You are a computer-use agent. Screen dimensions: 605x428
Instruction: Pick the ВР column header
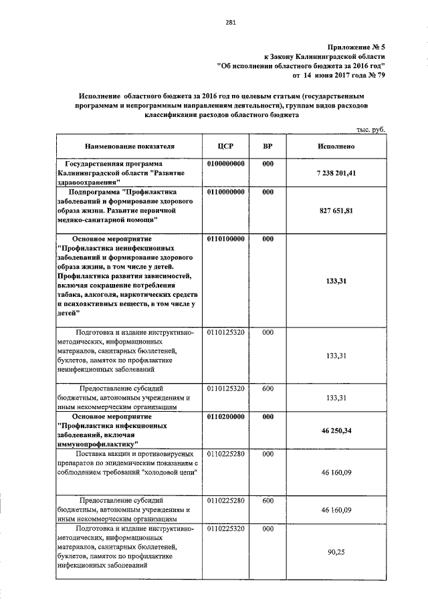pyautogui.click(x=267, y=145)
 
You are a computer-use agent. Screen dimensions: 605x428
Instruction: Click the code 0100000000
pyautogui.click(x=226, y=163)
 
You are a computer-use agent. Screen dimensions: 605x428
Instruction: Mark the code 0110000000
pyautogui.click(x=226, y=191)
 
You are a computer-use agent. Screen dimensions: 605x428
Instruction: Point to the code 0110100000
pyautogui.click(x=226, y=238)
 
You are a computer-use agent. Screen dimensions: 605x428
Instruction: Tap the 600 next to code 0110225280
pyautogui.click(x=267, y=499)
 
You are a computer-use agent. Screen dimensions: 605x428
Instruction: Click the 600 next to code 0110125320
pyautogui.click(x=267, y=387)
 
